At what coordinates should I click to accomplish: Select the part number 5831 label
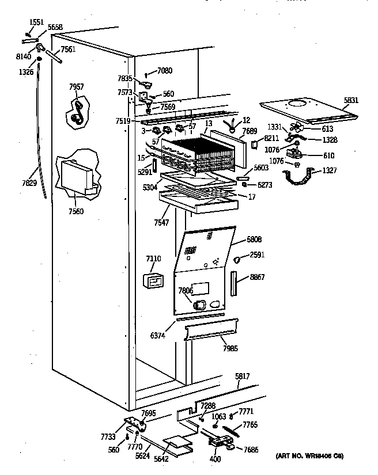pos(351,100)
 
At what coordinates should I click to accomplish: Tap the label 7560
pos(75,211)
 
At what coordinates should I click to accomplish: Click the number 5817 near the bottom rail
pos(243,377)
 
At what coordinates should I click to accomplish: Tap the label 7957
pos(76,87)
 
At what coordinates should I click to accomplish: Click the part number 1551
pos(36,22)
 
